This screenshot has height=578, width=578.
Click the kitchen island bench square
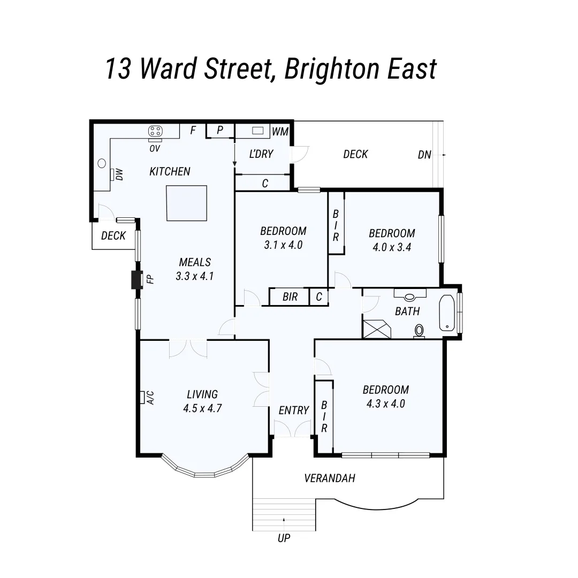pos(186,203)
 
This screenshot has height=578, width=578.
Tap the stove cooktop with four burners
pos(155,131)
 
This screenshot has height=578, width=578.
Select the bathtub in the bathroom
pos(446,313)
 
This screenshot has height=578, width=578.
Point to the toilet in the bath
pos(419,331)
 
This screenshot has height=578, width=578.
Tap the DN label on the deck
pos(424,155)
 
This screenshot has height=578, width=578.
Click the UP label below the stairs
pos(284,538)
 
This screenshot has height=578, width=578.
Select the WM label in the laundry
pos(280,131)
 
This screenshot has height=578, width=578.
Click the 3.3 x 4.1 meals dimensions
pos(194,276)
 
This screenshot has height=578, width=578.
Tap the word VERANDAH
pos(329,478)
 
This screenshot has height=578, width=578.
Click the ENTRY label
pos(293,410)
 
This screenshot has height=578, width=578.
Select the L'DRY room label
pos(261,154)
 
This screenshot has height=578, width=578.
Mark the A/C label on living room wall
pos(150,397)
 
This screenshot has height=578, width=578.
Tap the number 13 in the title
pos(117,69)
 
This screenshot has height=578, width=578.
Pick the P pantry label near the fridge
pos(220,130)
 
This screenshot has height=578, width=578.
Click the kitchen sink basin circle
pos(102,164)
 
